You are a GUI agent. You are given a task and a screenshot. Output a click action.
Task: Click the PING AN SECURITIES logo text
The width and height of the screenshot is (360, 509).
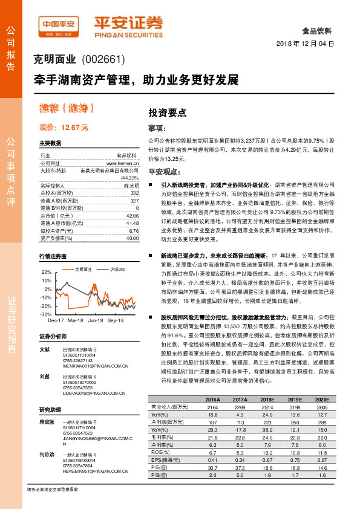tap(127, 36)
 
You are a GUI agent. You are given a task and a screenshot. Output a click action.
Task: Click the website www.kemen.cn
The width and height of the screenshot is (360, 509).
tap(123, 163)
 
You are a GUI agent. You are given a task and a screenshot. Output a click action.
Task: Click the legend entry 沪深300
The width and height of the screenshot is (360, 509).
tap(116, 268)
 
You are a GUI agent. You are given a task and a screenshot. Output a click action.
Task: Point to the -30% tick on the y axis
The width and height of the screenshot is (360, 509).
tap(47, 314)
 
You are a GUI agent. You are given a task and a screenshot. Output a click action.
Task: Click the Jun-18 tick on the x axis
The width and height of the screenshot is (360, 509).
tap(96, 320)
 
